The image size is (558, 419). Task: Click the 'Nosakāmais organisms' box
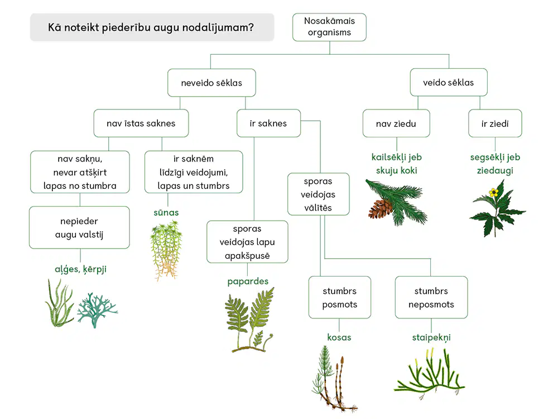[329, 27]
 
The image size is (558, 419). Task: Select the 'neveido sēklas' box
[211, 83]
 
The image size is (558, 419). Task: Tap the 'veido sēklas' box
[449, 82]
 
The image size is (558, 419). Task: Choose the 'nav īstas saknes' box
[141, 123]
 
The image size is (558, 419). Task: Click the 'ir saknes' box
[268, 123]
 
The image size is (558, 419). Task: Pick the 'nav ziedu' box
[396, 123]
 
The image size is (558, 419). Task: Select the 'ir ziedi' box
[495, 123]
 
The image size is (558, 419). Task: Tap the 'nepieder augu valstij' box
[79, 228]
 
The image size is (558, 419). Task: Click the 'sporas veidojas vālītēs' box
[318, 194]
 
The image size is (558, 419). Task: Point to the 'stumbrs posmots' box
[339, 298]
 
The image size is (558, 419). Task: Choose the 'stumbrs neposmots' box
[431, 298]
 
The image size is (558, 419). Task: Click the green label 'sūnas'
[166, 213]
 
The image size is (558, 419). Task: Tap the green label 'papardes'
[248, 282]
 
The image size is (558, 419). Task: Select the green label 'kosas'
[339, 337]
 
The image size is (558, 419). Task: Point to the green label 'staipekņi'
[431, 337]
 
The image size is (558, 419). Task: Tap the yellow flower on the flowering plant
[493, 193]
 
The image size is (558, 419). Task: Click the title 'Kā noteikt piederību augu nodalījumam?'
[151, 27]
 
